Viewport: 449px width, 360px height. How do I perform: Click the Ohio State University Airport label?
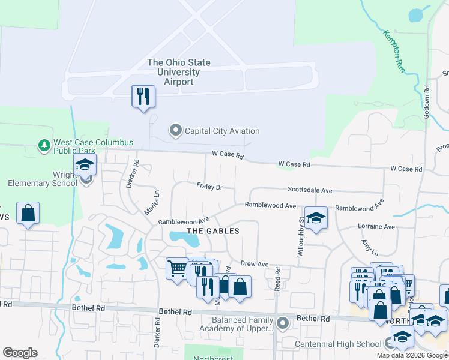tap(179, 72)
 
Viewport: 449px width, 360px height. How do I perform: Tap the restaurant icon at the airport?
tap(143, 96)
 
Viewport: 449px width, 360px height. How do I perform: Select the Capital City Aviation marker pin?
tap(175, 131)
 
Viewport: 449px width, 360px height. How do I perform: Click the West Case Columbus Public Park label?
tap(93, 147)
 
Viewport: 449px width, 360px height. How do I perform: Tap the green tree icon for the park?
tap(44, 145)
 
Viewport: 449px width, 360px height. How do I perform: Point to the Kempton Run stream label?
tap(393, 51)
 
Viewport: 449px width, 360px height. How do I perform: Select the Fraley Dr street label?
tap(209, 187)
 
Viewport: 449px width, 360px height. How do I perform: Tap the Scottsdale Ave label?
tap(310, 190)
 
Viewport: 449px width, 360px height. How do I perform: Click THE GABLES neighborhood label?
tap(213, 231)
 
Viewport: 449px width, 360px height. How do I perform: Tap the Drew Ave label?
tap(254, 263)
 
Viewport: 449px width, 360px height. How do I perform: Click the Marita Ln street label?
tap(152, 203)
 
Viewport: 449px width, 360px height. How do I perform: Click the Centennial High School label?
tap(338, 344)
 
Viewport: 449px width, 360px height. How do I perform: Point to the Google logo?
tap(20, 353)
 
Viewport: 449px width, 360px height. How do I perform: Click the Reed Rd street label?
tap(277, 280)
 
